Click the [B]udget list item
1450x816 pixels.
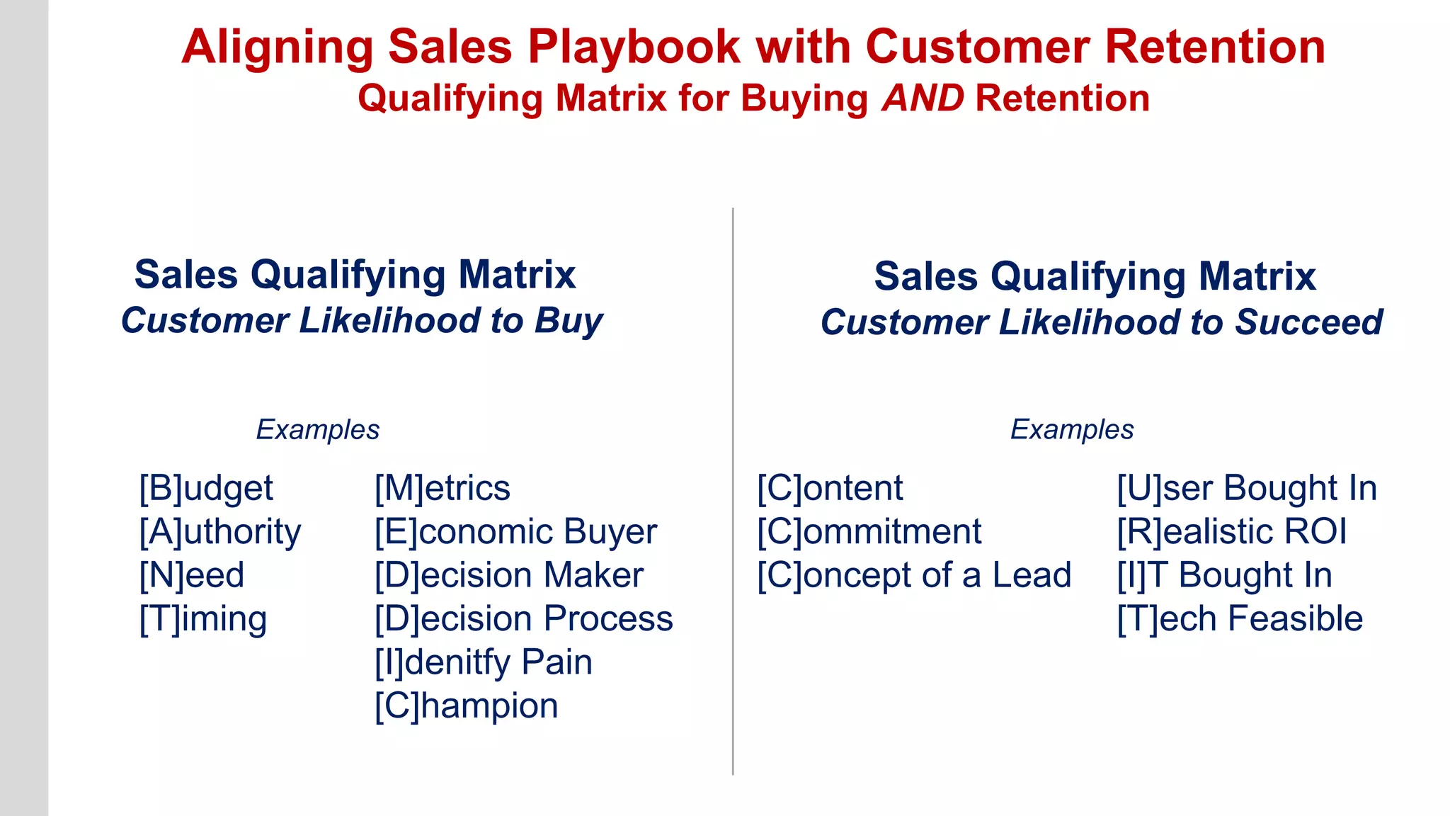click(x=206, y=489)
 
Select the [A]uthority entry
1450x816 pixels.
click(x=220, y=532)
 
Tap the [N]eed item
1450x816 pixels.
click(x=192, y=575)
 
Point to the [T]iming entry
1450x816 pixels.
click(x=203, y=619)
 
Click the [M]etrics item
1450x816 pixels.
click(x=443, y=489)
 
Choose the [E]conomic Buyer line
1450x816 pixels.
click(x=515, y=532)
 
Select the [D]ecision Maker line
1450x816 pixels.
click(x=509, y=575)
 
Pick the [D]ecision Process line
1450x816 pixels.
click(x=523, y=619)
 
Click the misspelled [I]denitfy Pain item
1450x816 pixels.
click(x=484, y=662)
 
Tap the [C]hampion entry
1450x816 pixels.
click(x=467, y=706)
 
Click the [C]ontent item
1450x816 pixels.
click(x=830, y=489)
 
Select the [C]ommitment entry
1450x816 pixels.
click(x=869, y=532)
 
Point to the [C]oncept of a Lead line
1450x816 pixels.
click(x=914, y=575)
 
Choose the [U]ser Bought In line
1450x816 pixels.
click(x=1247, y=489)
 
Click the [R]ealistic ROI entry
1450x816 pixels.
click(x=1232, y=532)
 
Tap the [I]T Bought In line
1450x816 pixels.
click(x=1225, y=575)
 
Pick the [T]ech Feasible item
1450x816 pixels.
click(x=1240, y=619)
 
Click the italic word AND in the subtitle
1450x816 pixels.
click(x=923, y=98)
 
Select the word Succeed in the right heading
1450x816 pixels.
click(x=1309, y=323)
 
